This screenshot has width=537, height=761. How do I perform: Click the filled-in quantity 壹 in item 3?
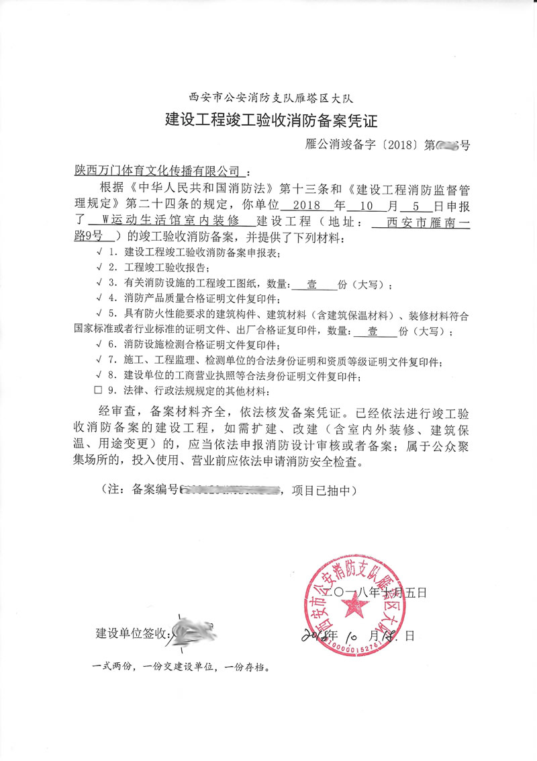pos(312,284)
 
